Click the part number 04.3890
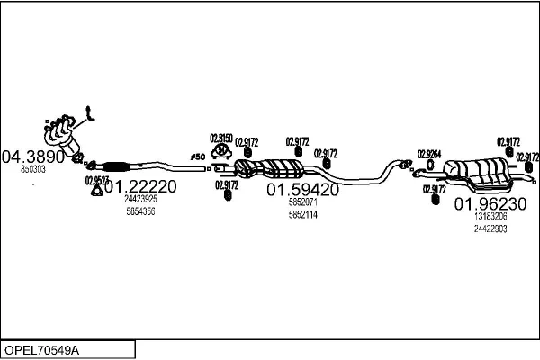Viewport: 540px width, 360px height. coord(33,156)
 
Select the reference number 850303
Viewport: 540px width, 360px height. coord(33,169)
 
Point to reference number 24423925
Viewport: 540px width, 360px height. coord(140,199)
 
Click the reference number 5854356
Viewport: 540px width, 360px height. coord(140,211)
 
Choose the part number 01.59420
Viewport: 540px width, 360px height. coord(302,190)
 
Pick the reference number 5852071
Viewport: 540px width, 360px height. coord(302,202)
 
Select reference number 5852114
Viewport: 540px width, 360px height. coord(302,214)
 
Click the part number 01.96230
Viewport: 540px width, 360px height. coord(490,203)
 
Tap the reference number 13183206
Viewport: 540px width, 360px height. coord(490,217)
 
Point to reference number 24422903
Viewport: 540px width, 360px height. coord(490,229)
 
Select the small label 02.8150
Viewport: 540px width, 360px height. coord(221,138)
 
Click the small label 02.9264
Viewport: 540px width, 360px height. coord(429,154)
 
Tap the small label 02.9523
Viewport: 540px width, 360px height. coord(95,179)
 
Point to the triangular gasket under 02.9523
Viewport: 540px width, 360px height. coord(96,190)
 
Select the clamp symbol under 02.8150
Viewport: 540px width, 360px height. coord(221,151)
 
